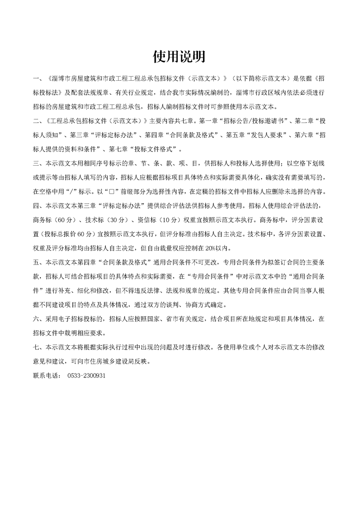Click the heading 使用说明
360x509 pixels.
pyautogui.click(x=179, y=56)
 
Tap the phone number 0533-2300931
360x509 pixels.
pyautogui.click(x=86, y=376)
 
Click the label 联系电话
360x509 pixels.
pyautogui.click(x=46, y=376)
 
